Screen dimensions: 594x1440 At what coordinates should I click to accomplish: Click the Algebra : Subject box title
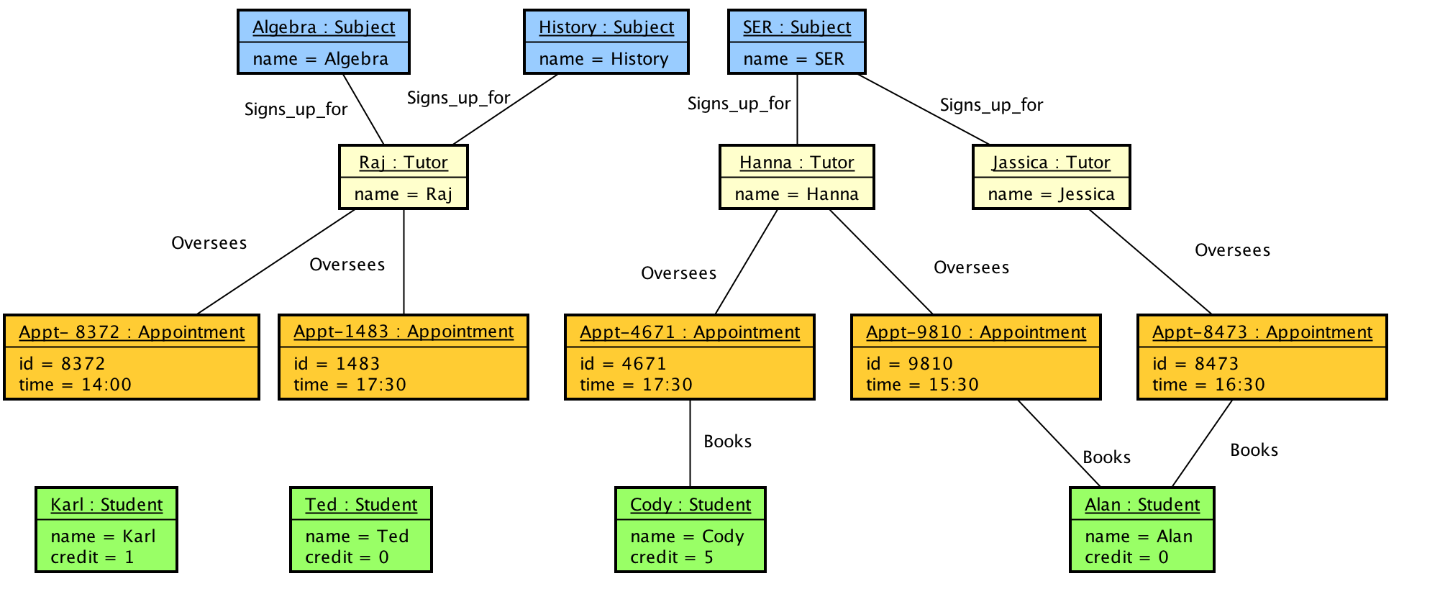[324, 27]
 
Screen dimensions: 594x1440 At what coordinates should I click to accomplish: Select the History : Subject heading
[606, 27]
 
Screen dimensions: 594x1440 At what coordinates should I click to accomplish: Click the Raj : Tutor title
[404, 163]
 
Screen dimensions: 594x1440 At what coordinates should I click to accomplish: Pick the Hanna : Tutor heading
[797, 163]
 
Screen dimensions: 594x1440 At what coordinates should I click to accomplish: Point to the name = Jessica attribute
[1051, 194]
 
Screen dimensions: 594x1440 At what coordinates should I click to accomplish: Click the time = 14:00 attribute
[76, 385]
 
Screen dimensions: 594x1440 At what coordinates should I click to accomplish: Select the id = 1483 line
[337, 364]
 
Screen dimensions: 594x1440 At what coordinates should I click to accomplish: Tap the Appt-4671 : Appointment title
[690, 332]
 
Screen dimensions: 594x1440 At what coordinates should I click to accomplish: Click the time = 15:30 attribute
[922, 385]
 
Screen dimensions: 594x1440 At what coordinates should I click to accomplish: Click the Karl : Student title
[106, 505]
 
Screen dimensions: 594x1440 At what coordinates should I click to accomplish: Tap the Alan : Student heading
[1142, 505]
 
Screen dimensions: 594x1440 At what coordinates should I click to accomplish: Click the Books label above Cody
[727, 442]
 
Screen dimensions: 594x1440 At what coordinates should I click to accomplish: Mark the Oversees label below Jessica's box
[1232, 250]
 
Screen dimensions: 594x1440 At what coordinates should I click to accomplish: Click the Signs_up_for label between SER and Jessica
[991, 105]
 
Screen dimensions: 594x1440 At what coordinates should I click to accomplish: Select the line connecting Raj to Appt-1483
[404, 262]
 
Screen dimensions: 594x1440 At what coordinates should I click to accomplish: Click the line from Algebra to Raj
[364, 109]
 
